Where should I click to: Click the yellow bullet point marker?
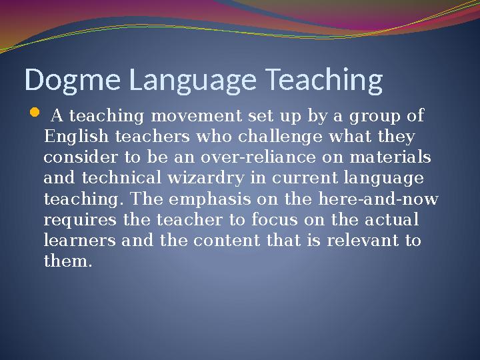(35, 115)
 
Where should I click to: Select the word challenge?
(268, 137)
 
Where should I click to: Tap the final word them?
(65, 261)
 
